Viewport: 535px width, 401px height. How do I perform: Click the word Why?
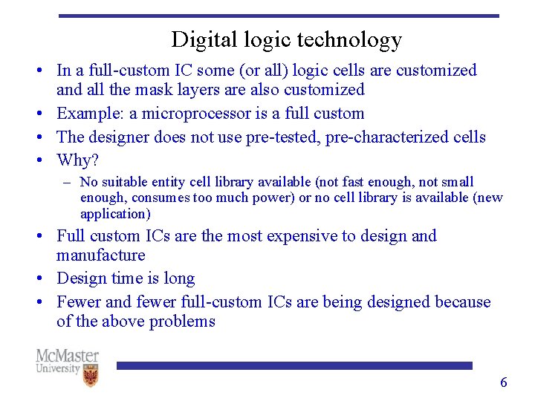point(77,160)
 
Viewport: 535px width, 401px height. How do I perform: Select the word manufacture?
point(100,255)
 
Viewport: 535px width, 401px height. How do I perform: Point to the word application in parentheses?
point(114,214)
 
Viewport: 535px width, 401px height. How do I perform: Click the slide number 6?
point(503,382)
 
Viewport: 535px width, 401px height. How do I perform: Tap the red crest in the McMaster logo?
point(90,376)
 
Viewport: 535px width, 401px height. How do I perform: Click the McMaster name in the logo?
point(67,356)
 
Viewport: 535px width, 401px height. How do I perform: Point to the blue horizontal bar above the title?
point(279,16)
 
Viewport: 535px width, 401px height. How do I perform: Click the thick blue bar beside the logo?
point(294,365)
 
